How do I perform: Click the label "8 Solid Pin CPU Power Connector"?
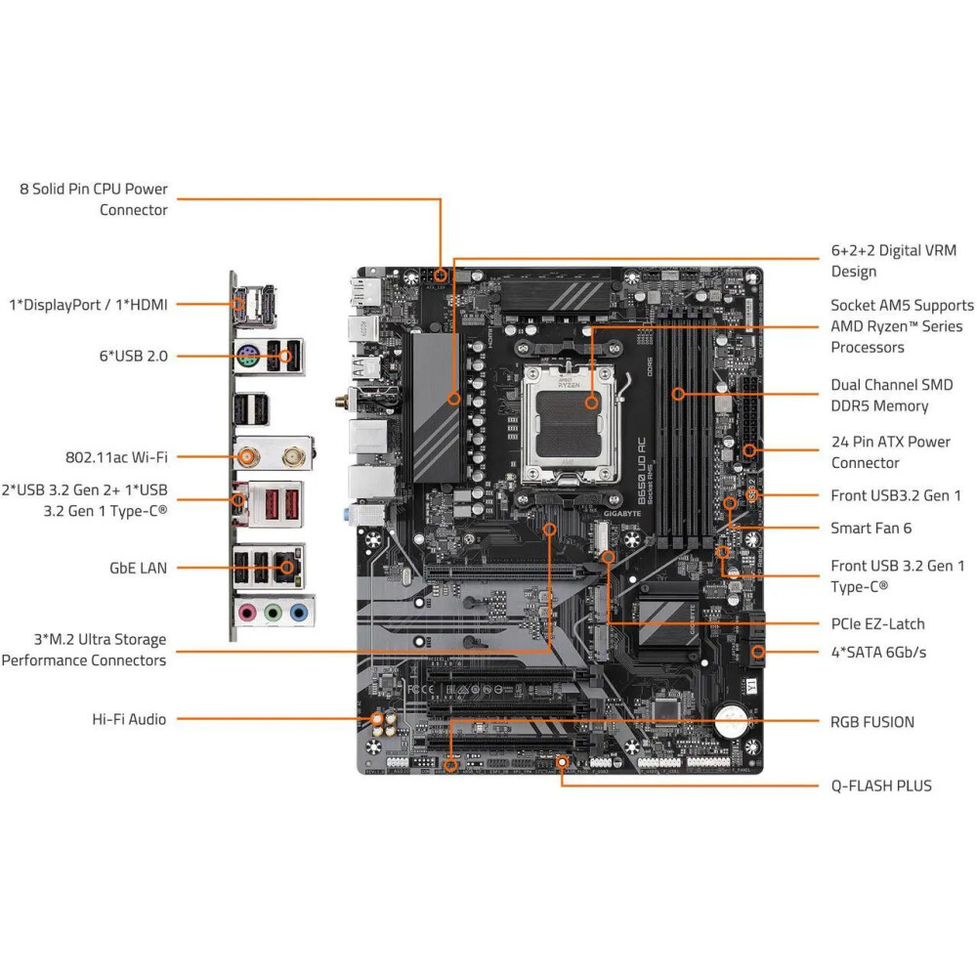(94, 199)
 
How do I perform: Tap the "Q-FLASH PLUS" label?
(881, 786)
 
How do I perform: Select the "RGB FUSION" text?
(872, 722)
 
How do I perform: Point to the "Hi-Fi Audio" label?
(129, 719)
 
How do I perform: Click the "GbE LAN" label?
(139, 567)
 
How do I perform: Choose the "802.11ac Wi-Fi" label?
(116, 456)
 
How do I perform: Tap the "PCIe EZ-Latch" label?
(877, 623)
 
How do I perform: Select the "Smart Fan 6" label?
(871, 528)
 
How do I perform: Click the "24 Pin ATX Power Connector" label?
(890, 452)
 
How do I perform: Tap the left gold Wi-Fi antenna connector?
(249, 456)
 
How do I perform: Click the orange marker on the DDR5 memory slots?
(677, 395)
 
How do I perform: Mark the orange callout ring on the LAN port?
(286, 567)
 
